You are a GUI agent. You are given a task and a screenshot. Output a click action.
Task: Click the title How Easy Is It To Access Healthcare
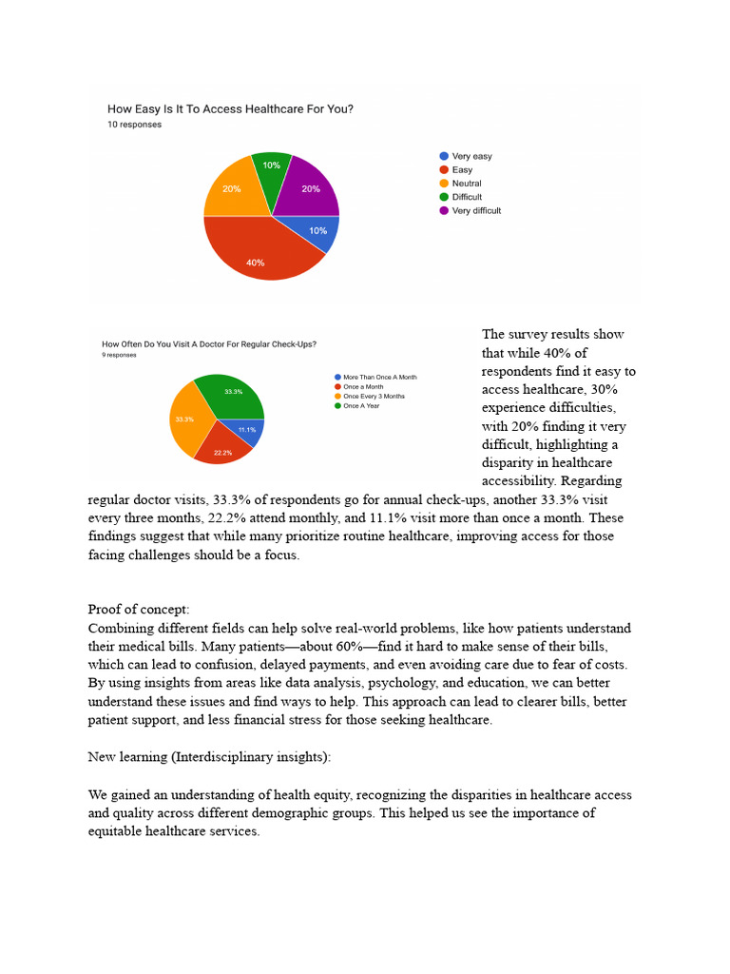tap(230, 109)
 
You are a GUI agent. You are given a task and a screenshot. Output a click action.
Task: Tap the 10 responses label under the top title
tap(134, 125)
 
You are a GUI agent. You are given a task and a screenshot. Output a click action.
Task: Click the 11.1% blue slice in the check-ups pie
tap(247, 430)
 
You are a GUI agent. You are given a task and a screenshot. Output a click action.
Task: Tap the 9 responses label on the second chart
tap(119, 355)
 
